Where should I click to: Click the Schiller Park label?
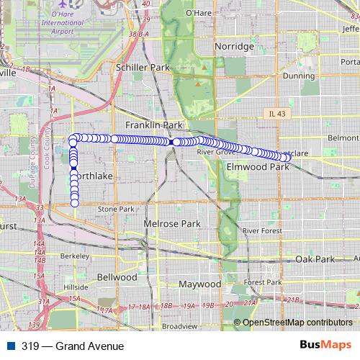pyautogui.click(x=141, y=67)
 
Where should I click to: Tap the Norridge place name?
pyautogui.click(x=235, y=47)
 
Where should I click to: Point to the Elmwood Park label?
pyautogui.click(x=257, y=167)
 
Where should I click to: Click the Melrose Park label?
pyautogui.click(x=171, y=224)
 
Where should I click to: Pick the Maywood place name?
pyautogui.click(x=200, y=284)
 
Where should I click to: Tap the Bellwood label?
pyautogui.click(x=117, y=276)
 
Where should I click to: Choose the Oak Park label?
pyautogui.click(x=315, y=258)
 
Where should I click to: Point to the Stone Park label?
pyautogui.click(x=116, y=209)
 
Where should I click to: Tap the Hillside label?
pyautogui.click(x=76, y=286)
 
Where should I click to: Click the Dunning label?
pyautogui.click(x=298, y=75)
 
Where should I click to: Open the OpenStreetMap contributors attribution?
pyautogui.click(x=297, y=322)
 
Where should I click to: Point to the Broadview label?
pyautogui.click(x=180, y=326)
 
